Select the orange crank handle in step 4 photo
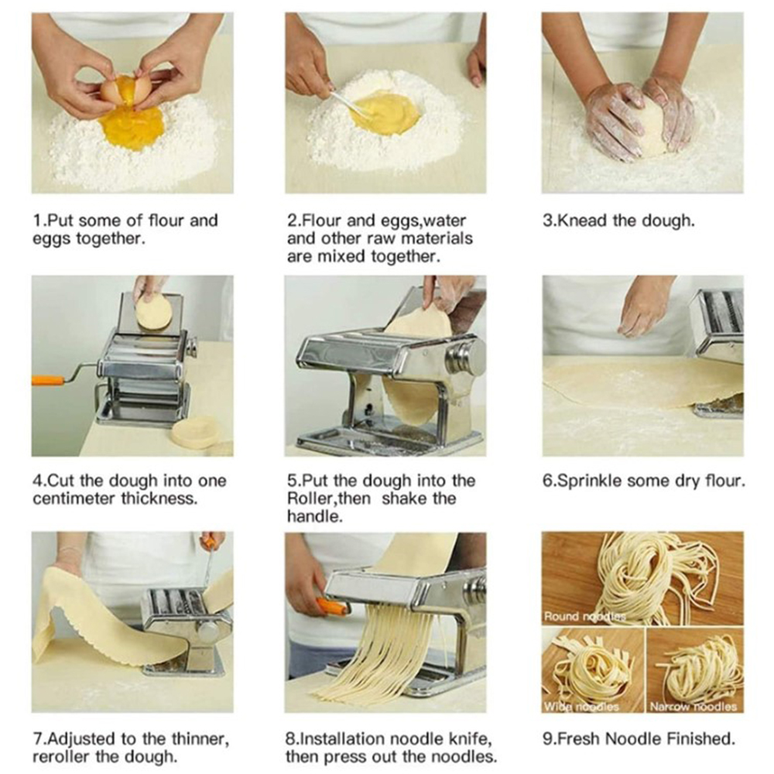click(48, 380)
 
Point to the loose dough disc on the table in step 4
click(196, 433)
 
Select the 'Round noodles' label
click(584, 616)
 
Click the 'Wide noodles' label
click(581, 707)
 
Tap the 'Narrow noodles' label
click(693, 707)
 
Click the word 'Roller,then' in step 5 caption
click(329, 498)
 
